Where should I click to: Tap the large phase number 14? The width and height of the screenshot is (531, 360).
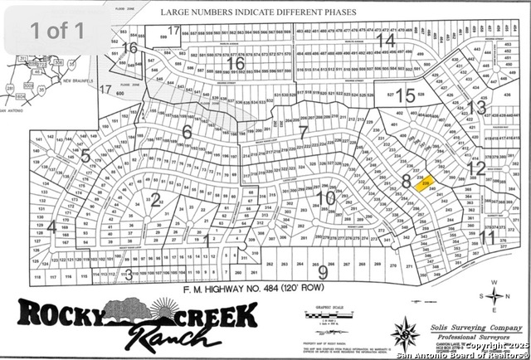(x=384, y=40)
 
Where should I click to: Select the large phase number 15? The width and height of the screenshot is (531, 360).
(x=405, y=95)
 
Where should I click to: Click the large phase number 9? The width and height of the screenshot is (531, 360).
(x=323, y=270)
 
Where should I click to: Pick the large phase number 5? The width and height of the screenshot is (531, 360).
(x=85, y=156)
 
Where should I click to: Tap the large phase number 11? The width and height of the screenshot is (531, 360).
(x=487, y=238)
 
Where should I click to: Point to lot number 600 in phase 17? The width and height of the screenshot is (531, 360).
(x=120, y=94)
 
